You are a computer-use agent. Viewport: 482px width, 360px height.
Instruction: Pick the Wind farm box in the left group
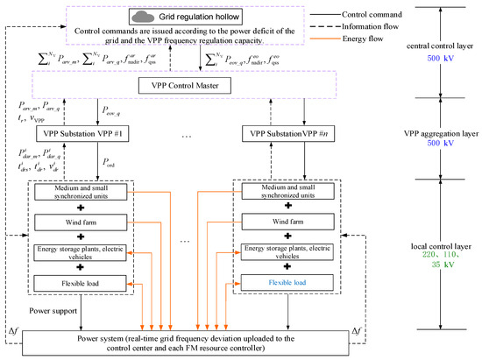[82, 224]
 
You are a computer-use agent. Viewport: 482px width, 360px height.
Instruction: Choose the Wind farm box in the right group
[288, 224]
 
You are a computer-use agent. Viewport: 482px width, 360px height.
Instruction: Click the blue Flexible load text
[288, 283]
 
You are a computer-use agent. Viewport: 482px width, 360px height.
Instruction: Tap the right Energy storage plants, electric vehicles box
[288, 254]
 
